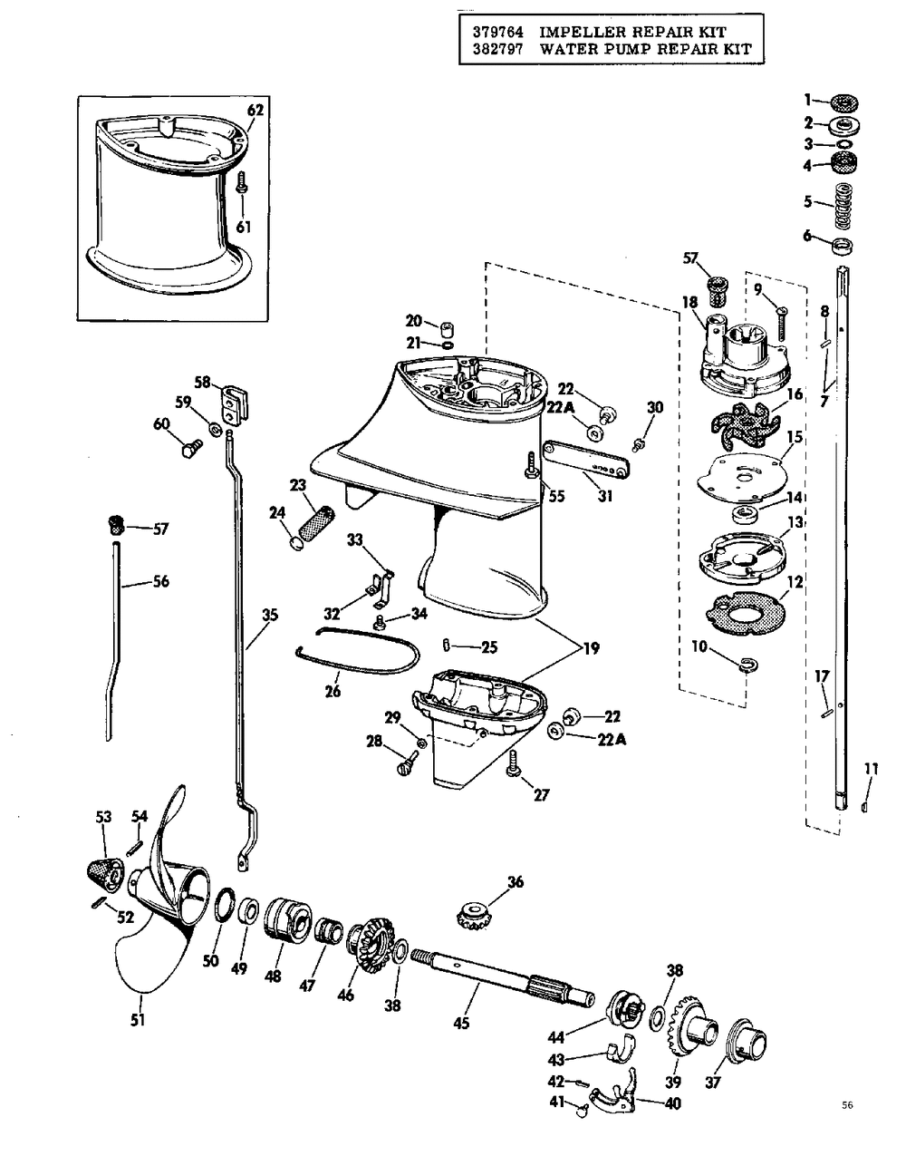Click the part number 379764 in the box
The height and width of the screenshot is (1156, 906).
498,32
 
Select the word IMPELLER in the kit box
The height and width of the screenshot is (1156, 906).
580,32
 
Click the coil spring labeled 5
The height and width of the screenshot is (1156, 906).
843,205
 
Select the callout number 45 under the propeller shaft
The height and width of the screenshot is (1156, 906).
461,1023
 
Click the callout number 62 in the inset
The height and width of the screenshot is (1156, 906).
255,110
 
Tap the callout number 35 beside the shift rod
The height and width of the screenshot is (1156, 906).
269,615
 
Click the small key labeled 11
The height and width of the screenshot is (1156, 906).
863,807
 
